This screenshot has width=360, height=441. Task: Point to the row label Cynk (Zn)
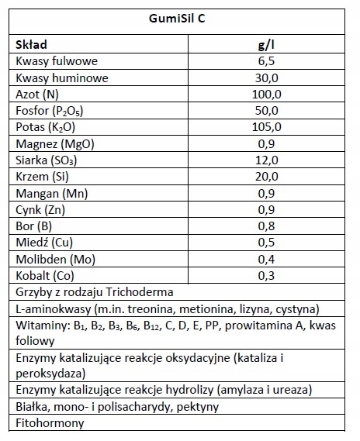[x=40, y=209]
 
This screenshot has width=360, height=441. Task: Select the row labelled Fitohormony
[x=49, y=423]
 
